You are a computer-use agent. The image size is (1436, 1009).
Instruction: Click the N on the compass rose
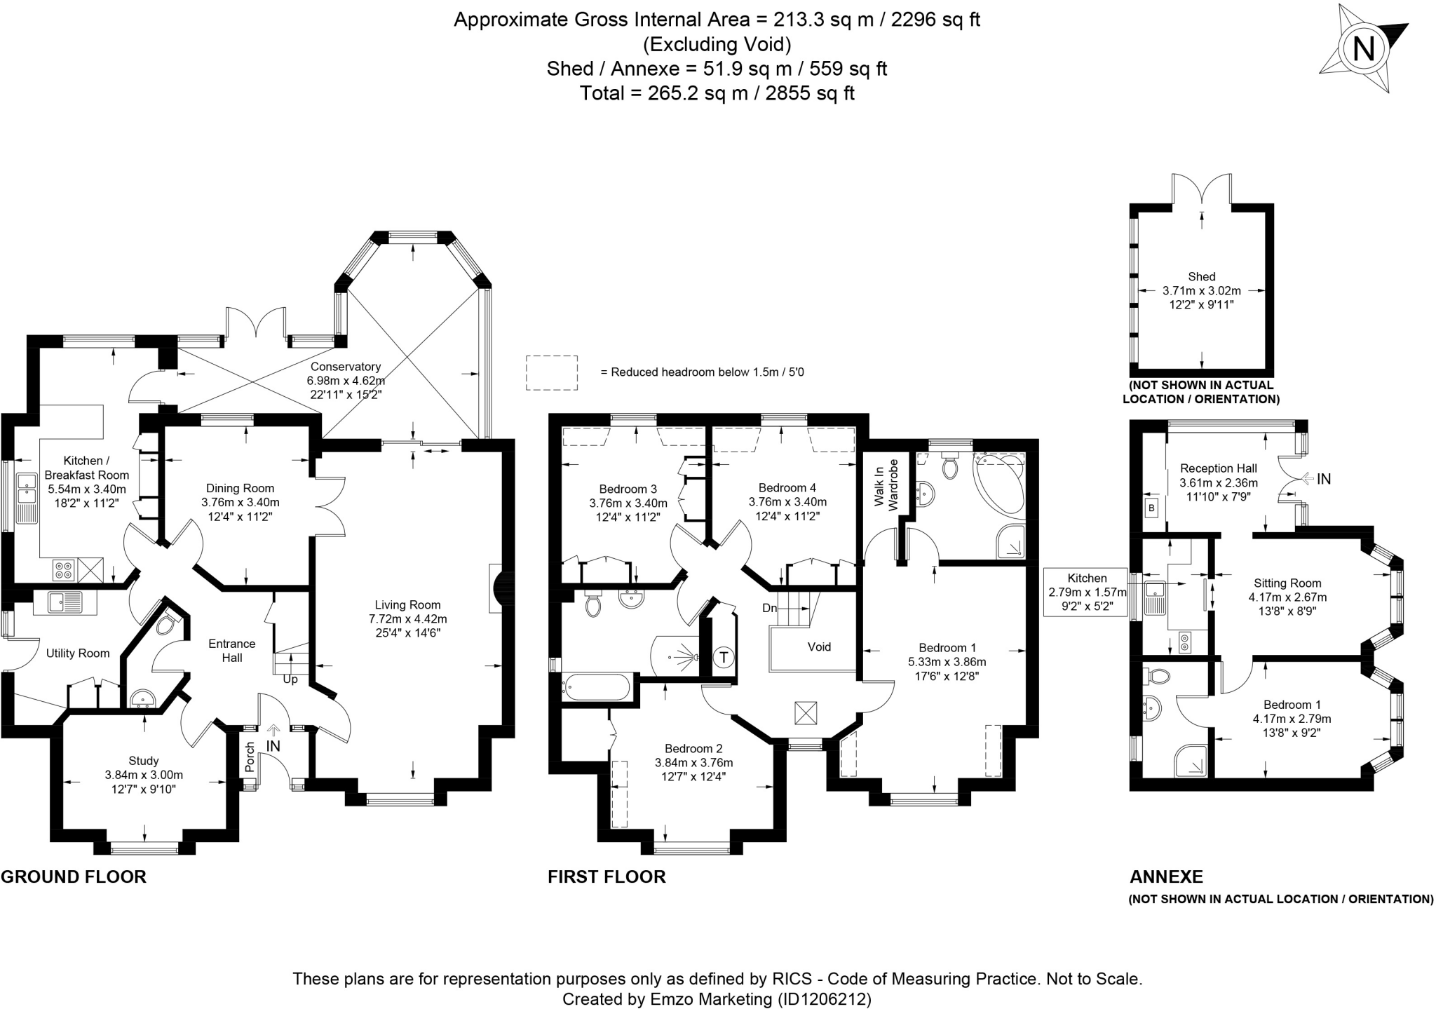tap(1364, 50)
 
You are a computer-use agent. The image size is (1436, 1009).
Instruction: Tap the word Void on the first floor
tap(819, 646)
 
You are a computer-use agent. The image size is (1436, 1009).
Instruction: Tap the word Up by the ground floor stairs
tap(290, 679)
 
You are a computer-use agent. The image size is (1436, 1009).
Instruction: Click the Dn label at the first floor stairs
tap(769, 608)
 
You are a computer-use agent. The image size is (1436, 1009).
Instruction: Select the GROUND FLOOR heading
tap(74, 877)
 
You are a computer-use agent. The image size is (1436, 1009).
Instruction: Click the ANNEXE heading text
tap(1166, 877)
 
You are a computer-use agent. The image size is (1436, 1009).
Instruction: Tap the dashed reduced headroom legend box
tap(552, 372)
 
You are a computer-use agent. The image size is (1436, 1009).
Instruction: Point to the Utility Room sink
tap(65, 602)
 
